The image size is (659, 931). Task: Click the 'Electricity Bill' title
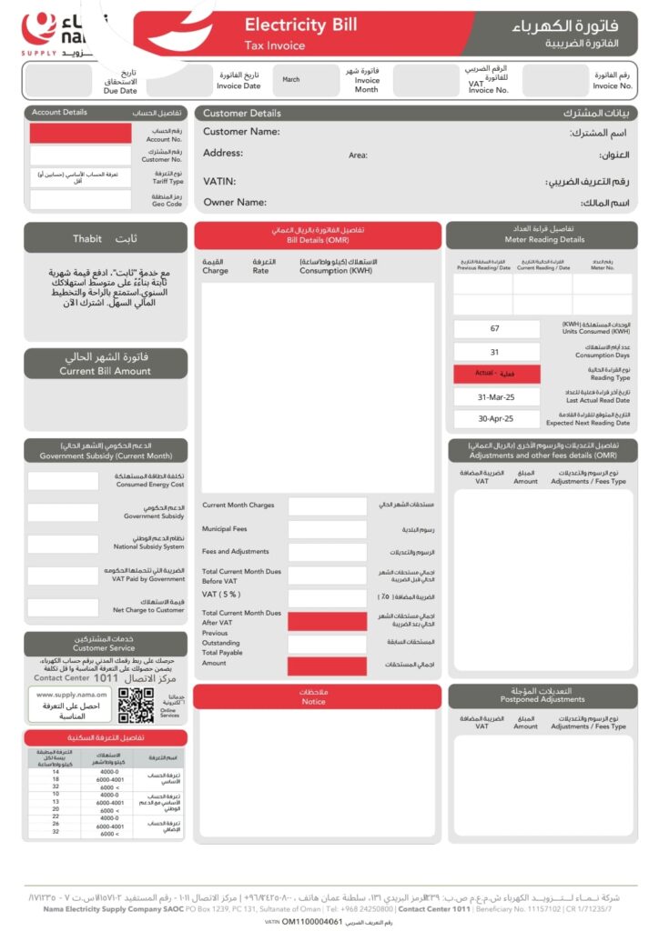pyautogui.click(x=300, y=25)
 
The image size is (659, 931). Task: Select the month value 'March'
pyautogui.click(x=291, y=80)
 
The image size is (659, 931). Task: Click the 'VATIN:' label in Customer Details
pyautogui.click(x=219, y=182)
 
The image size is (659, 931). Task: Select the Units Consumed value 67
pyautogui.click(x=495, y=328)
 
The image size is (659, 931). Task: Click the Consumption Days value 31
pyautogui.click(x=495, y=352)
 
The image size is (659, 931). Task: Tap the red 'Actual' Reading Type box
pyautogui.click(x=495, y=374)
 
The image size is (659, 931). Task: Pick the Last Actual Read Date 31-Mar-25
pyautogui.click(x=495, y=397)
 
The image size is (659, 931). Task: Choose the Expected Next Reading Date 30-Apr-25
pyautogui.click(x=495, y=419)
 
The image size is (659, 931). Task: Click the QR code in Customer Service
pyautogui.click(x=136, y=706)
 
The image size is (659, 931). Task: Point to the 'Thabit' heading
pyautogui.click(x=106, y=238)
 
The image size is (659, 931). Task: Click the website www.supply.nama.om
pyautogui.click(x=72, y=695)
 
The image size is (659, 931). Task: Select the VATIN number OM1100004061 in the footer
pyautogui.click(x=311, y=921)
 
